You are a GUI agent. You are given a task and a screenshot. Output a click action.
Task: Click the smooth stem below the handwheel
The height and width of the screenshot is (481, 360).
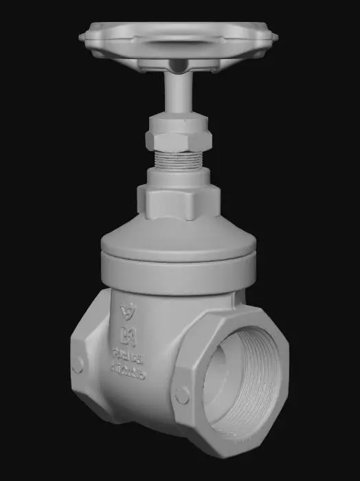tap(177, 93)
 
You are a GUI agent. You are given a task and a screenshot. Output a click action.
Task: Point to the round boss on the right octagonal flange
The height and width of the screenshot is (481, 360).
tap(182, 395)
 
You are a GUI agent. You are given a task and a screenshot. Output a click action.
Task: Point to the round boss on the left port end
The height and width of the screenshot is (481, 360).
tap(78, 365)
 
